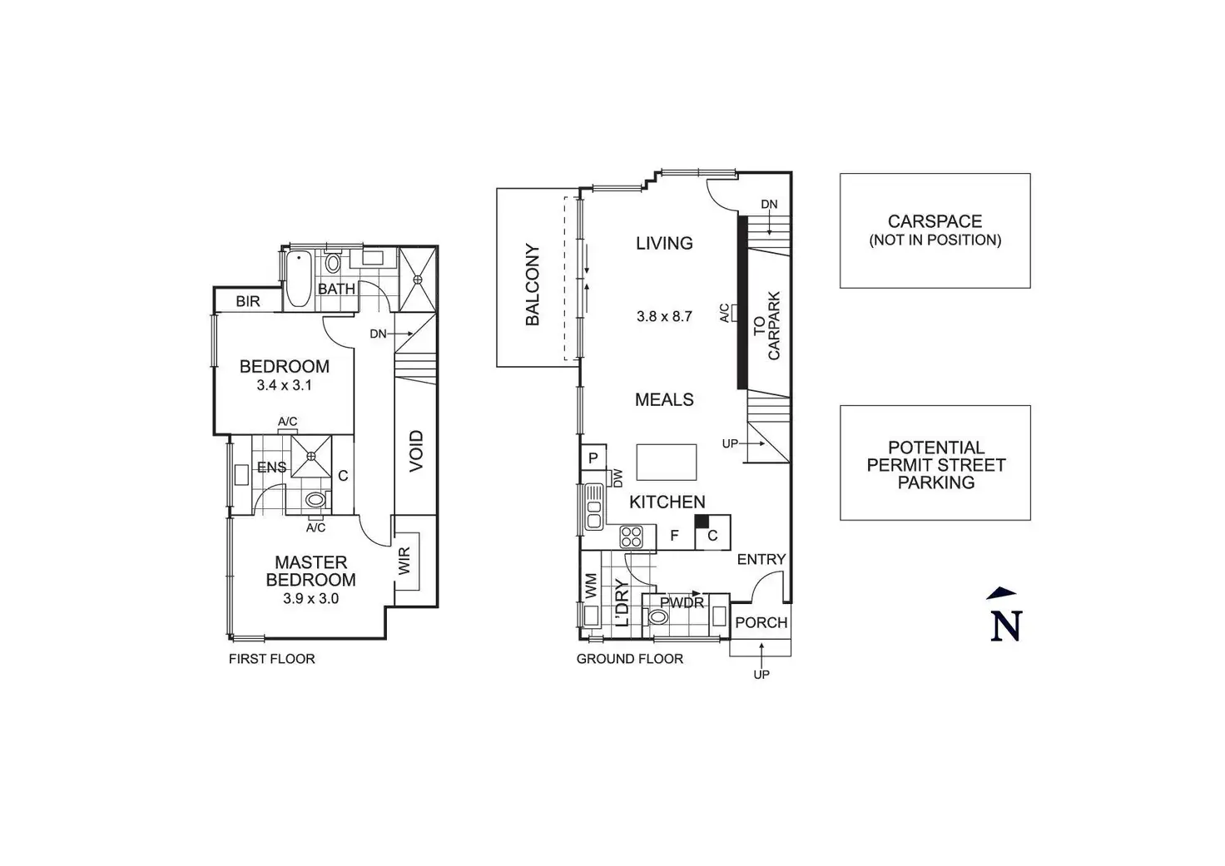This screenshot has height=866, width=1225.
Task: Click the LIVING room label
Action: [x=664, y=243]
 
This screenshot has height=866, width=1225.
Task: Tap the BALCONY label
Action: [x=533, y=285]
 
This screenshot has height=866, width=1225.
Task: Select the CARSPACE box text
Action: [x=935, y=222]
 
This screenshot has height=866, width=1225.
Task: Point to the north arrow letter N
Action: [x=1005, y=625]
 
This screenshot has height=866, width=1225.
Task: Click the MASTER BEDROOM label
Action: [x=310, y=572]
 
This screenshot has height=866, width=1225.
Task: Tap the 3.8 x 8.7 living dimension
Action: [x=664, y=316]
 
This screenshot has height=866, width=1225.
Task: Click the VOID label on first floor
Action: [x=416, y=451]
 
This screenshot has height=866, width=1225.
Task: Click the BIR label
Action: [x=248, y=301]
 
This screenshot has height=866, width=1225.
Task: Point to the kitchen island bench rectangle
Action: [x=667, y=463]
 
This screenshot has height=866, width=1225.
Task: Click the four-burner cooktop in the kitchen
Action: [x=632, y=537]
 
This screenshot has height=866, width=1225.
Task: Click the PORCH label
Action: [x=761, y=622]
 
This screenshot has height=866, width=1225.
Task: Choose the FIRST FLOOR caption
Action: [x=272, y=659]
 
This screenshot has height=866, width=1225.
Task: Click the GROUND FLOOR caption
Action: [x=630, y=659]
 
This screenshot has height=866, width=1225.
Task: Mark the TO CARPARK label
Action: [x=766, y=325]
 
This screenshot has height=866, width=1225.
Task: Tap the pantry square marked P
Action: [x=593, y=458]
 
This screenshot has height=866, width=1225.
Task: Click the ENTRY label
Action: [x=761, y=560]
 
